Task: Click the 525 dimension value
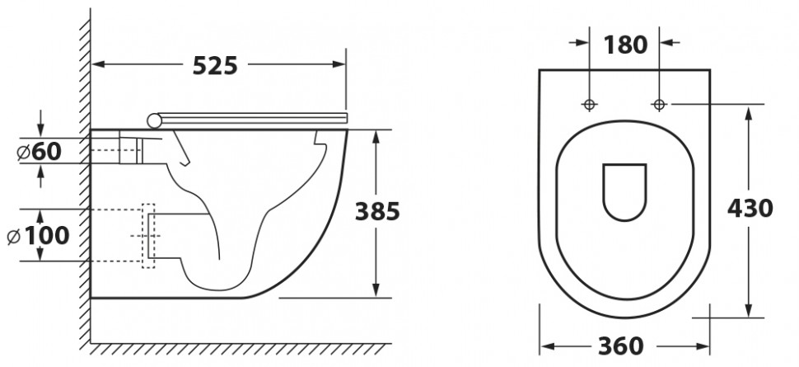pyautogui.click(x=215, y=65)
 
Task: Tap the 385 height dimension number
pyautogui.click(x=377, y=211)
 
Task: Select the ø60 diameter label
pyautogui.click(x=40, y=152)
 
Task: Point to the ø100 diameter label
pyautogui.click(x=38, y=236)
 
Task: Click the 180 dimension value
pyautogui.click(x=625, y=45)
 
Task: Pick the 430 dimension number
pyautogui.click(x=750, y=209)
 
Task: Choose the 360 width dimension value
pyautogui.click(x=620, y=347)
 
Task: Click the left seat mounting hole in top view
pyautogui.click(x=590, y=105)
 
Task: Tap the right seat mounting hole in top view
pyautogui.click(x=659, y=105)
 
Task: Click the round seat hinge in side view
pyautogui.click(x=154, y=120)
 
